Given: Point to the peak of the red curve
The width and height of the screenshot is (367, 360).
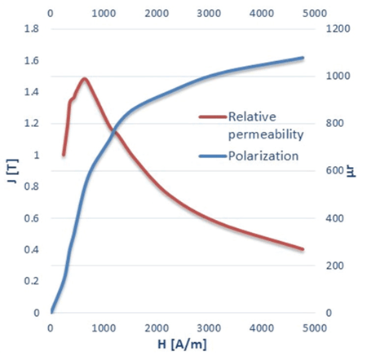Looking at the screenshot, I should coord(84,79).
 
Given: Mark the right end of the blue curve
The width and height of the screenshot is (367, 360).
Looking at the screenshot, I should coord(303,58).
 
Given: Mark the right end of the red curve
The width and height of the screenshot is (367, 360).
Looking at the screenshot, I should coord(303,249).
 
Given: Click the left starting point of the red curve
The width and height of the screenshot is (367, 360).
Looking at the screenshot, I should coord(64,155).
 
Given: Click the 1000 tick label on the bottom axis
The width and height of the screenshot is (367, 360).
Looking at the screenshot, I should coord(104,327).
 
